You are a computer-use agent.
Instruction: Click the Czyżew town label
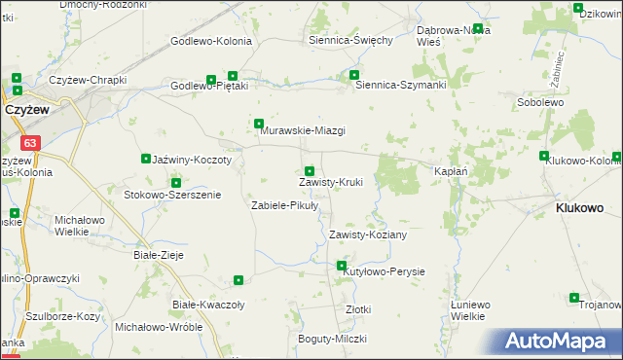pos(27,111)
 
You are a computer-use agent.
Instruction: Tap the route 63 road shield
pos(32,143)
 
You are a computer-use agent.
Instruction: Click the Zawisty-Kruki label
pos(330,182)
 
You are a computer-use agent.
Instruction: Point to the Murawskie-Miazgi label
pos(303,131)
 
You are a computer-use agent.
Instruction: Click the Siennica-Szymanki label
pos(400,85)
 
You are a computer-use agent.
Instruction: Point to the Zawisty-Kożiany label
pos(367,234)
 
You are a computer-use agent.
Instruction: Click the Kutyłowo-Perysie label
pos(385,271)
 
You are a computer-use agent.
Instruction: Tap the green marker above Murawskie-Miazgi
pos(259,124)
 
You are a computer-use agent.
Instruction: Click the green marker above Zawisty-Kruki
pos(310,172)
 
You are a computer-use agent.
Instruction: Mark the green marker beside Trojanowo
pos(574,298)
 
